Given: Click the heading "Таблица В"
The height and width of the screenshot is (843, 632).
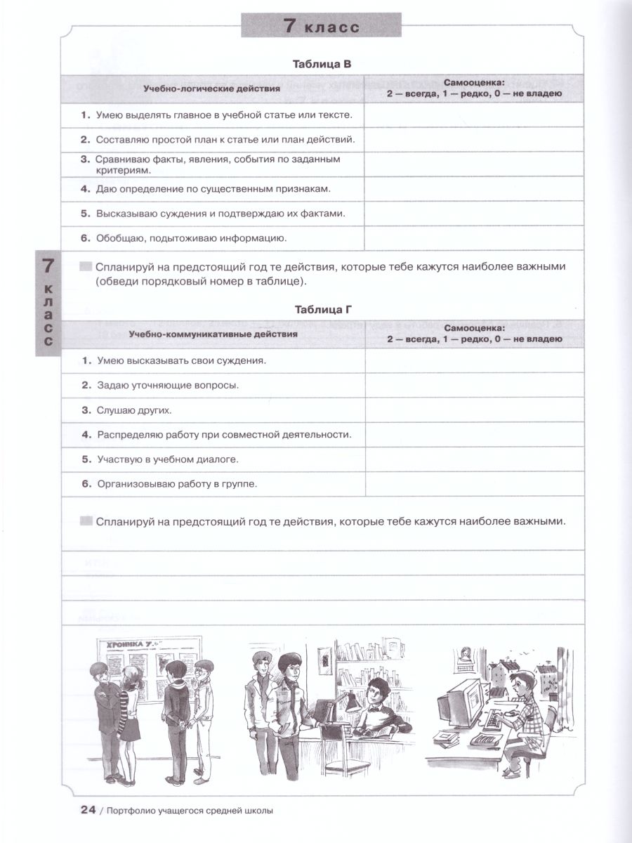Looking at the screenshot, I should (321, 64).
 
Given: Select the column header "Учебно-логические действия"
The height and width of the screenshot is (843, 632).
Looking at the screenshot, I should (211, 89).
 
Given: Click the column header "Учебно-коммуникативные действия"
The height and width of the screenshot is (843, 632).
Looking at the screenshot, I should (212, 334).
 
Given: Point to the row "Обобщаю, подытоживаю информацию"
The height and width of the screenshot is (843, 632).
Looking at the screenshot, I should (190, 237).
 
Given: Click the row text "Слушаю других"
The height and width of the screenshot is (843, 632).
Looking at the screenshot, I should (134, 410).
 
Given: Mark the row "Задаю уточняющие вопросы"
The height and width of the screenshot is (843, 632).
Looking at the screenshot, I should (168, 385).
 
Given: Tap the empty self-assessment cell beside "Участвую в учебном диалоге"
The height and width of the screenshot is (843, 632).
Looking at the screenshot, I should (474, 459).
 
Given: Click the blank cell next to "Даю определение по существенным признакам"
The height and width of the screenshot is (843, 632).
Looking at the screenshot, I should (474, 188).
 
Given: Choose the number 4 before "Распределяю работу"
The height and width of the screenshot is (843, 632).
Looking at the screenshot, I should (84, 434).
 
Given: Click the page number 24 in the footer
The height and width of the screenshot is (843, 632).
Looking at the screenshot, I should (88, 810).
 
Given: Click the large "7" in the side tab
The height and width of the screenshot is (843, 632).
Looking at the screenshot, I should (48, 266).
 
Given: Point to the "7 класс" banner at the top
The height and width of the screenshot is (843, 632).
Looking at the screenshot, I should (321, 27).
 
